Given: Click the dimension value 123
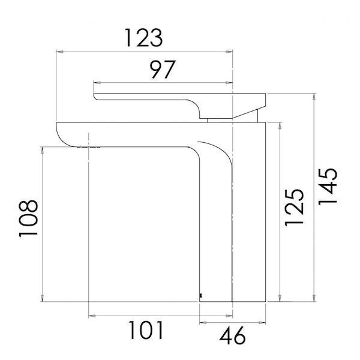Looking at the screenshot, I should [x=143, y=38].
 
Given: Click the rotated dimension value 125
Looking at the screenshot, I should [x=294, y=207].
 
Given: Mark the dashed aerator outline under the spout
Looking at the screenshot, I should [x=88, y=146].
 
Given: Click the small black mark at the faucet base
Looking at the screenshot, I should [x=200, y=295].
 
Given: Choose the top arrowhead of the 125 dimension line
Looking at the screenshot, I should [x=280, y=125].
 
